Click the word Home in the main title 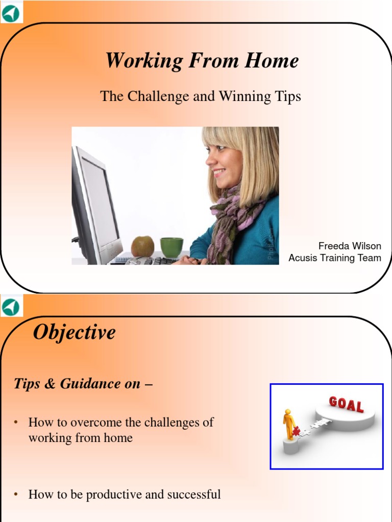[x=272, y=61]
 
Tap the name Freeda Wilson [x=350, y=246]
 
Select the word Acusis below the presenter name [x=304, y=258]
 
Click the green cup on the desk [x=171, y=248]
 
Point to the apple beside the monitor [x=142, y=246]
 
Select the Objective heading [x=75, y=332]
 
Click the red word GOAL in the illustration [x=346, y=405]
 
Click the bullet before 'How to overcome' [x=16, y=422]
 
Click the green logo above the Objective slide [x=10, y=307]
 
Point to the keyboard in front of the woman [x=148, y=260]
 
